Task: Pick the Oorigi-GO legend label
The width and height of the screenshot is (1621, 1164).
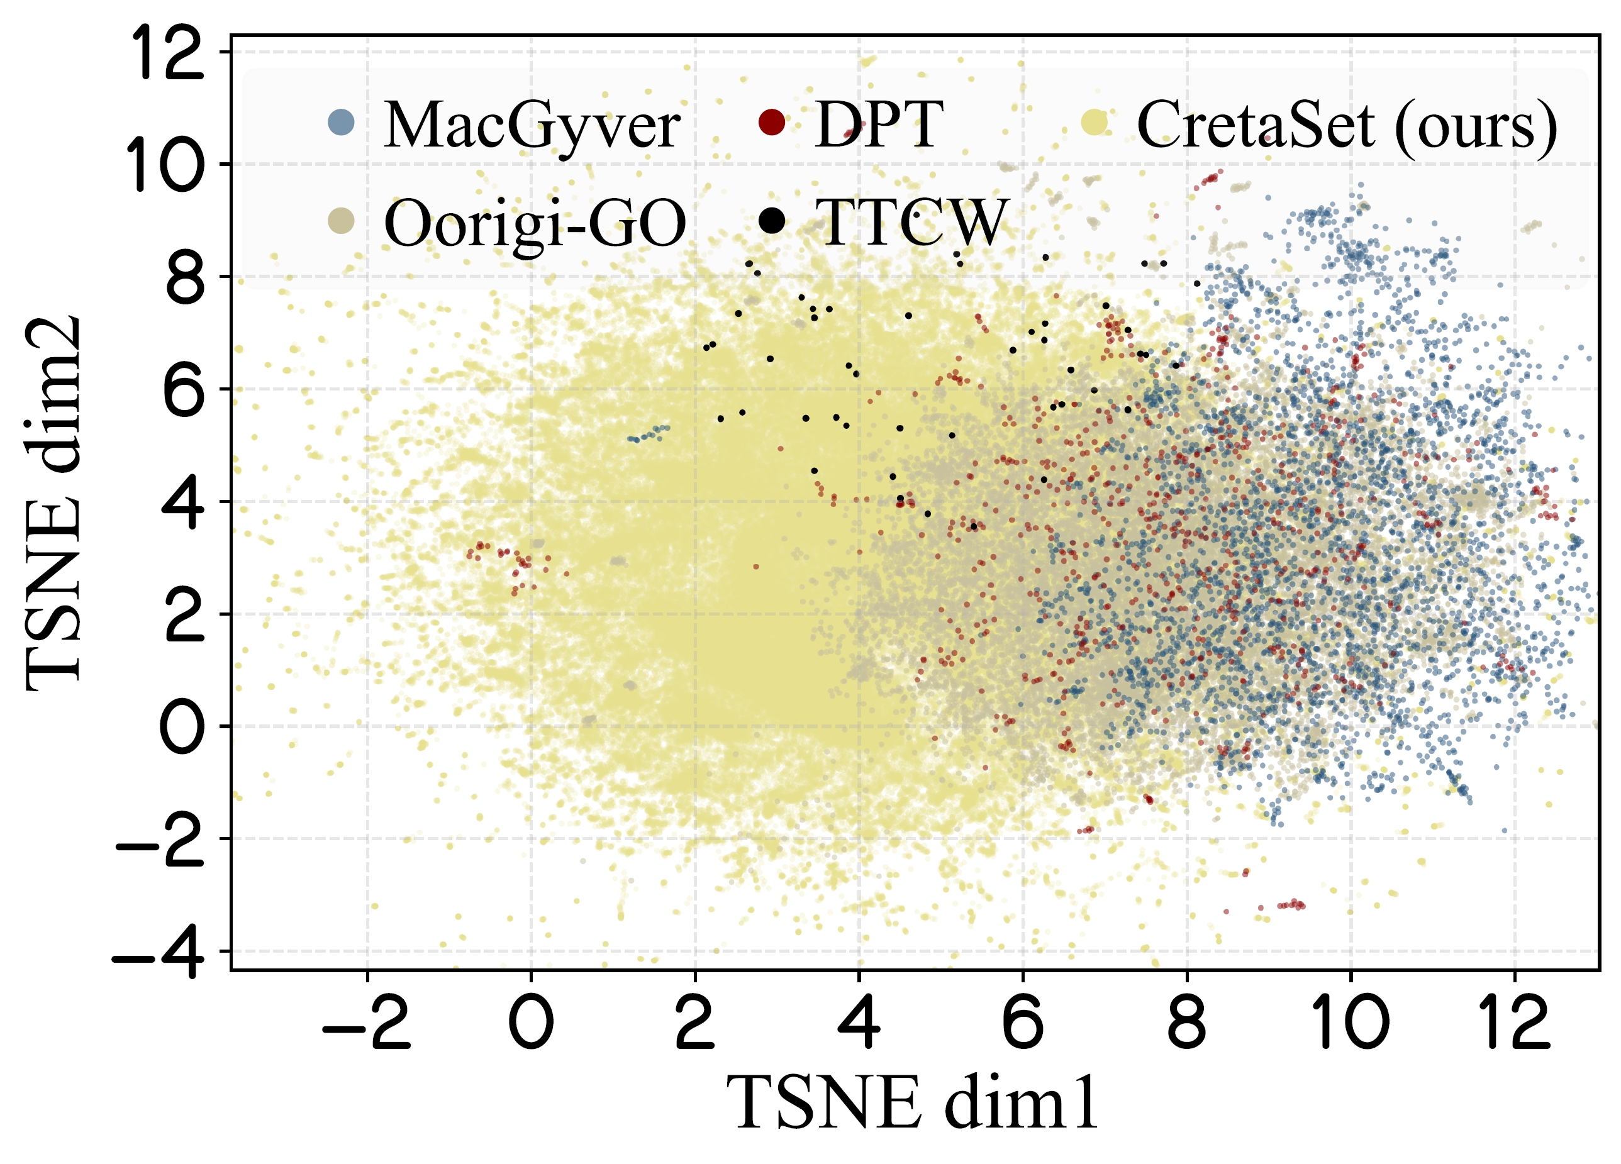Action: click(535, 224)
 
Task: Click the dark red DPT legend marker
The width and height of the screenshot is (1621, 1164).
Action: click(771, 122)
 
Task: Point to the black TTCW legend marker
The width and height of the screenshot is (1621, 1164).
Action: click(772, 221)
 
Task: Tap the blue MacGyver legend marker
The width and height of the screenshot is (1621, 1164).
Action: click(341, 122)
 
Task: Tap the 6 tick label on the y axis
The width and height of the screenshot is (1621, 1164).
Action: click(184, 390)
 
